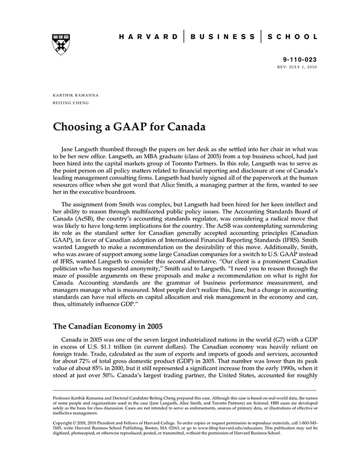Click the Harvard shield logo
click(61, 45)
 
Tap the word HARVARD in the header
click(148, 37)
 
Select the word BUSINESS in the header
click(222, 37)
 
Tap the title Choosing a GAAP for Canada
click(130, 127)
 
